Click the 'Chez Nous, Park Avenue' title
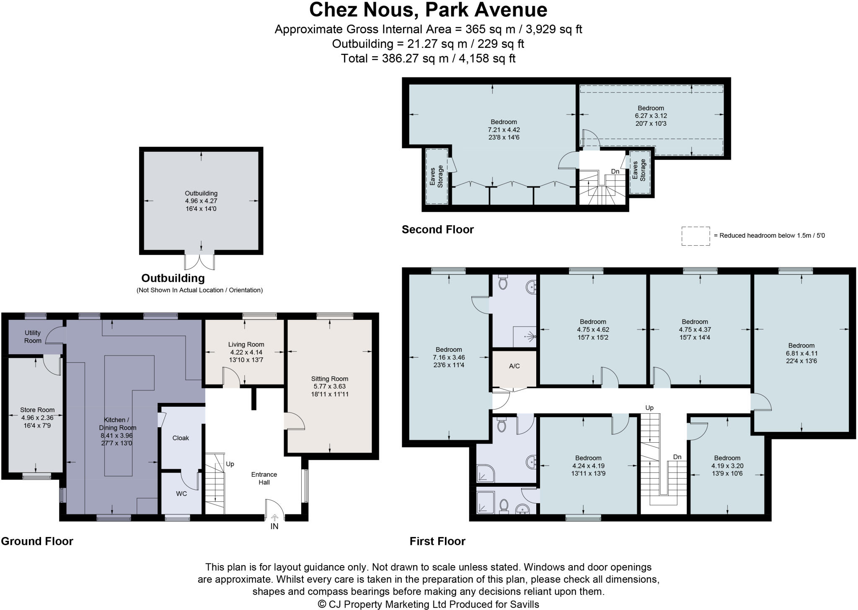tap(428, 10)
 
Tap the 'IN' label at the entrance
tap(274, 527)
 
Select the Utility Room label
tap(33, 337)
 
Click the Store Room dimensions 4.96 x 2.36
tap(38, 418)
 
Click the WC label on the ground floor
tap(181, 494)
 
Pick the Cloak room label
tap(181, 438)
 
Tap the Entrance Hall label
tap(264, 478)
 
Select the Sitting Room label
tap(330, 379)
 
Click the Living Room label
tap(246, 345)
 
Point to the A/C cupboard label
tap(514, 366)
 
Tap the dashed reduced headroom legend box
tap(695, 236)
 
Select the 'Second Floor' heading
tap(438, 229)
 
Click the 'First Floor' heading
tap(437, 541)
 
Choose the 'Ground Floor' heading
tap(37, 541)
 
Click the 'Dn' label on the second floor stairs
tap(615, 171)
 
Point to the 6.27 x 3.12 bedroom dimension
tap(651, 116)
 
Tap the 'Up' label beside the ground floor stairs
tap(230, 464)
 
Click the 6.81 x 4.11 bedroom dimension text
tap(801, 353)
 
